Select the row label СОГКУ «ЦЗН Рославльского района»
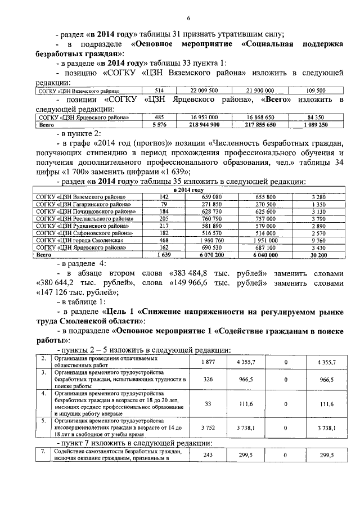(x=84, y=218)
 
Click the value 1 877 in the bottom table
(x=208, y=362)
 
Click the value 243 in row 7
(x=208, y=456)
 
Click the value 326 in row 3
(x=208, y=380)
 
